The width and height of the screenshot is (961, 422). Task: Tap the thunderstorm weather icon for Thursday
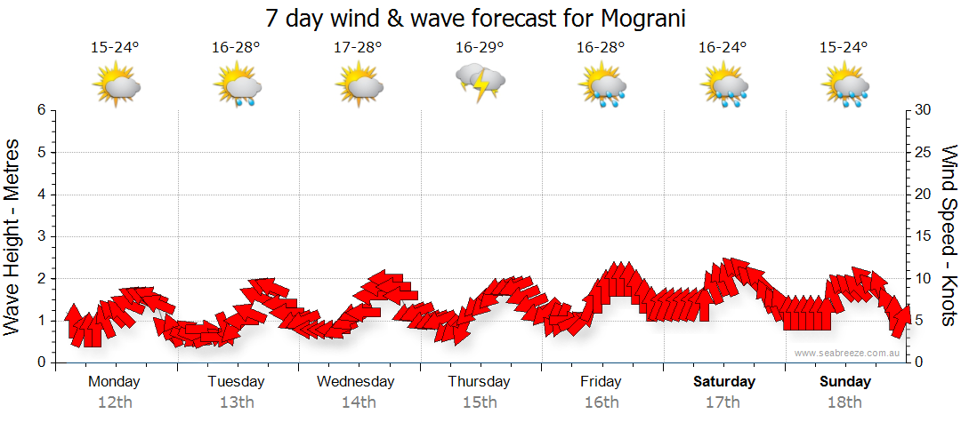click(480, 83)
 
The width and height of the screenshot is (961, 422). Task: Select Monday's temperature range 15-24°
click(116, 48)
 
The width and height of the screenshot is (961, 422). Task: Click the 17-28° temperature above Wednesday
click(359, 48)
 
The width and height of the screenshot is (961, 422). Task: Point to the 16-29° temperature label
click(480, 48)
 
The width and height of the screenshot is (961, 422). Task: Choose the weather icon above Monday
click(117, 86)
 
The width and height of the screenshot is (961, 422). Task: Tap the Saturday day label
click(724, 382)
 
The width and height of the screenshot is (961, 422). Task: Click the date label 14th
click(359, 402)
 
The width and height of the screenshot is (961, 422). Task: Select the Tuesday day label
click(236, 382)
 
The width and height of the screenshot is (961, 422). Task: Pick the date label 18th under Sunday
click(844, 402)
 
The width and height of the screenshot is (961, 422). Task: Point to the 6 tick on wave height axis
click(41, 110)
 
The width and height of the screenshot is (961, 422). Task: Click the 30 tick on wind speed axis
click(924, 110)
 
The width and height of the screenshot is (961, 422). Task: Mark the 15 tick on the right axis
click(924, 236)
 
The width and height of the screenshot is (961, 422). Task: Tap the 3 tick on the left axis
click(41, 236)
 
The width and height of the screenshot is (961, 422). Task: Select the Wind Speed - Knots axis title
click(948, 236)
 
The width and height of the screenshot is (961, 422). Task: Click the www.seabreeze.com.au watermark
click(848, 353)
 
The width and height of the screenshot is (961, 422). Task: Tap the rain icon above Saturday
click(723, 86)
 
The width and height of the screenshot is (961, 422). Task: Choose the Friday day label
click(602, 382)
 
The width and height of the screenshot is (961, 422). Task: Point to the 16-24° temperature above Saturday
click(723, 48)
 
